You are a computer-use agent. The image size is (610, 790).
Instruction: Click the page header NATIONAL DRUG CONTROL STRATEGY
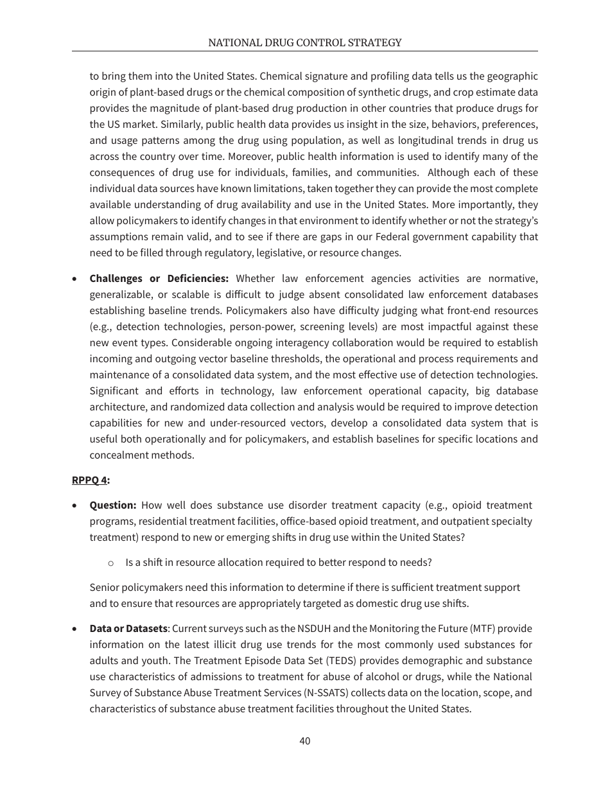click(304, 43)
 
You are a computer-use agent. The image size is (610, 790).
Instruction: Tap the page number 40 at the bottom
click(304, 741)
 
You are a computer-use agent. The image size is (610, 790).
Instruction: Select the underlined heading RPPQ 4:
click(91, 480)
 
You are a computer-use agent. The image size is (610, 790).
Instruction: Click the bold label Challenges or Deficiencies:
click(159, 279)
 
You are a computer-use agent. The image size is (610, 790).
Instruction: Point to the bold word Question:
click(112, 505)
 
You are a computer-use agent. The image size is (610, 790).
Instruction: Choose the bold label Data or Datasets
click(128, 629)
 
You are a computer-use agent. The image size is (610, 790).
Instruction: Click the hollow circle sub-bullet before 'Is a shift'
click(110, 563)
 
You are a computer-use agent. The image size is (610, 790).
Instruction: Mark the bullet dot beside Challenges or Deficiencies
click(76, 279)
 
